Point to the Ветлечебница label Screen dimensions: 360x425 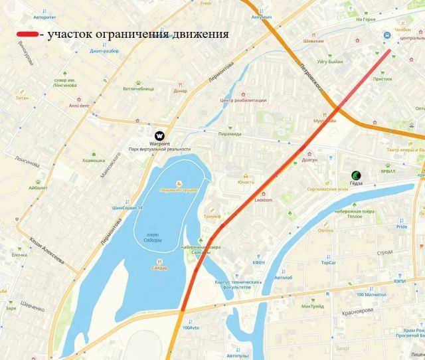click(138, 88)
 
